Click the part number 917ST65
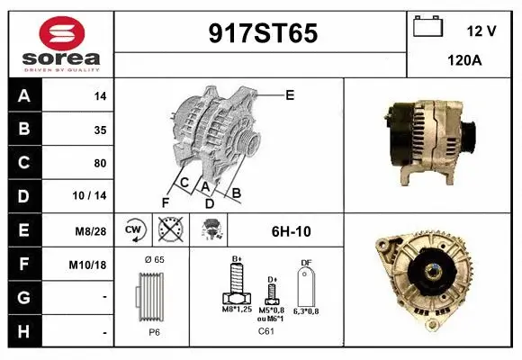pos(263,33)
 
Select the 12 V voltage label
pos(481,31)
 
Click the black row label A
pos(23,95)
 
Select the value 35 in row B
pos(100,130)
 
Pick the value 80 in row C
pos(100,163)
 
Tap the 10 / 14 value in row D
pos(93,196)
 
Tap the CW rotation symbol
pos(133,230)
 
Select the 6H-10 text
pos(291,231)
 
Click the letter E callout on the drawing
pos(289,94)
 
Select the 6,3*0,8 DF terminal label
pos(306,310)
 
